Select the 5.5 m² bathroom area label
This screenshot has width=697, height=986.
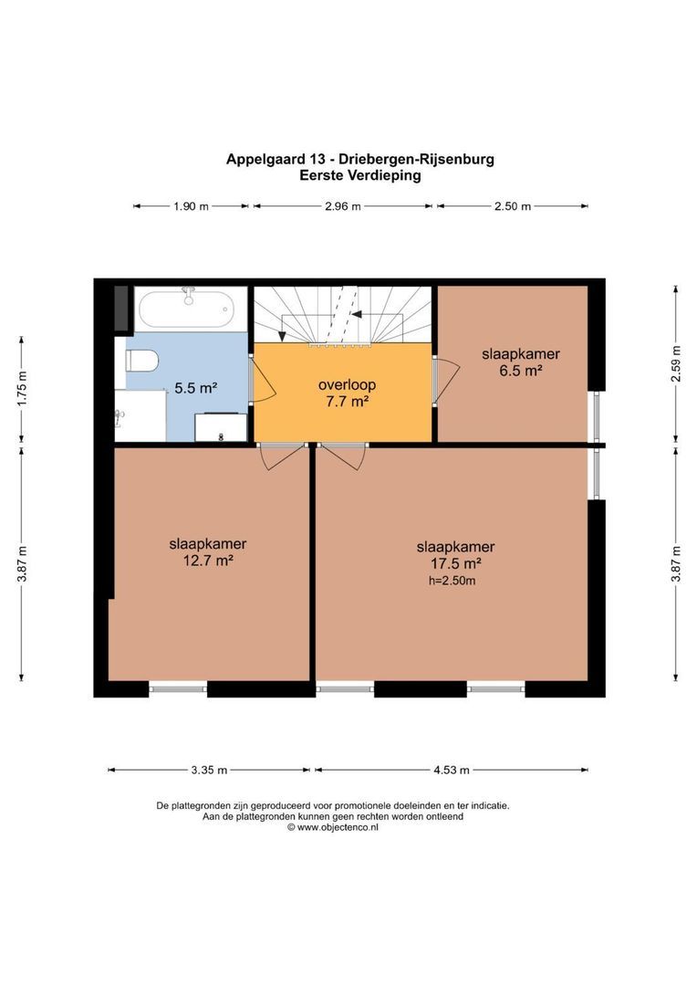pos(195,388)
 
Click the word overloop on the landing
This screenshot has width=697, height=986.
pos(341,384)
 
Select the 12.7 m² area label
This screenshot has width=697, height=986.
pos(207,560)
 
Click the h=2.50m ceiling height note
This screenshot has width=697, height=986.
pos(452,580)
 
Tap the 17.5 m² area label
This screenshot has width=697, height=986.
pos(455,562)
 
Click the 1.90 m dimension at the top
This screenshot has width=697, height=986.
pos(191,206)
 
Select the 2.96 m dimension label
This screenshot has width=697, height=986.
pos(342,206)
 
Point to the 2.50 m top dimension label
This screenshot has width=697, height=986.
pos(512,206)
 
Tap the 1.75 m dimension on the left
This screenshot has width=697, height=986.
pos(23,388)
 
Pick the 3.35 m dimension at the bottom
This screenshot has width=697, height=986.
pos(210,770)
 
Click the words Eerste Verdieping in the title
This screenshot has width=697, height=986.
pos(360,176)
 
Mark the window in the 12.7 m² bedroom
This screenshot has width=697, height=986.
pos(178,688)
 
